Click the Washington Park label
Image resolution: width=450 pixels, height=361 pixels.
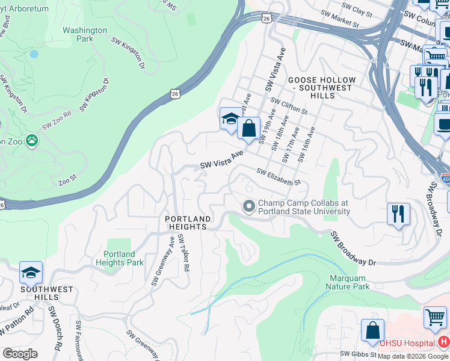coord(85,34)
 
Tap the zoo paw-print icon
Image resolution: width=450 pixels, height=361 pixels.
coord(31,141)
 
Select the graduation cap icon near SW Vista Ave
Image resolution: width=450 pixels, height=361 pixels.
coord(230,119)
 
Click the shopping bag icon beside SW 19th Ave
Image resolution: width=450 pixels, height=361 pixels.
coord(248,128)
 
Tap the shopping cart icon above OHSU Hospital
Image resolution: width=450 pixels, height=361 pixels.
coord(435,317)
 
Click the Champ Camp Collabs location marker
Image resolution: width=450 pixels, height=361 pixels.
coord(248,207)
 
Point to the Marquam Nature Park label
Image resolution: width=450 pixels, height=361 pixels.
coord(350,282)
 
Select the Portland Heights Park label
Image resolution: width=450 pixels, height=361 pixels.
coord(119,258)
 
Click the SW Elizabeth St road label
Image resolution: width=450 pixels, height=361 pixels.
coord(278,177)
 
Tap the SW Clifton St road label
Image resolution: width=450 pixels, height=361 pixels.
coord(289,106)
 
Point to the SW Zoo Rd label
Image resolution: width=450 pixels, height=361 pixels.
coord(57,121)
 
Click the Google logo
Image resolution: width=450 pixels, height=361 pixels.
coord(20,354)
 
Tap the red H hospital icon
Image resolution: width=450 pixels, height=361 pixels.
coord(443,342)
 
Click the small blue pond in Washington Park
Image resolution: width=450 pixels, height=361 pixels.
coord(34,54)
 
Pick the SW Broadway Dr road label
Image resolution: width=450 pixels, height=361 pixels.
coord(353,248)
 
